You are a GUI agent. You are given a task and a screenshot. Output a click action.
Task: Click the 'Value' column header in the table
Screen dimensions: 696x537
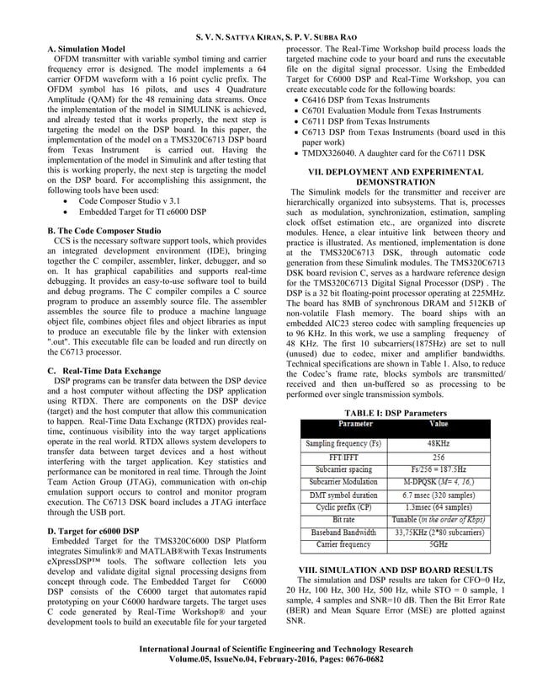tap(438, 425)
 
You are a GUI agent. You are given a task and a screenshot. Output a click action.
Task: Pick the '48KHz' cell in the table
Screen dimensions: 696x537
tap(438, 442)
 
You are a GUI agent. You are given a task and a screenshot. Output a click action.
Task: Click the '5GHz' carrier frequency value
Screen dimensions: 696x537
tap(438, 545)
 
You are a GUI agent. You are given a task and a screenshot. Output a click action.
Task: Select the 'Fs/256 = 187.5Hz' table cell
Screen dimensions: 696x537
tap(438, 468)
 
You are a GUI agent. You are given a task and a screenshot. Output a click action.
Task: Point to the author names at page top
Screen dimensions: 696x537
tap(268, 37)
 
